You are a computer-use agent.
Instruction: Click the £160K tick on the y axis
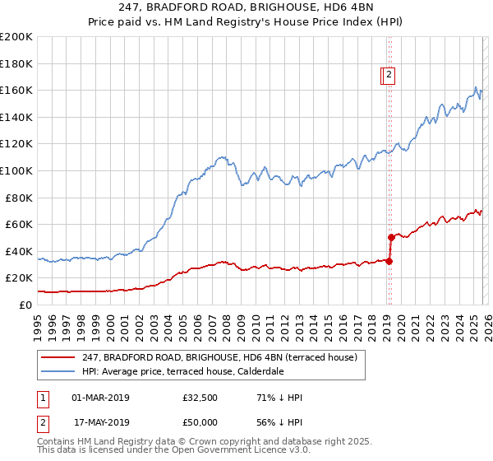tap(16, 90)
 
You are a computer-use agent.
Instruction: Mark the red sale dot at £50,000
tap(391, 237)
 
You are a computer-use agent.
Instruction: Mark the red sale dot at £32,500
tap(389, 261)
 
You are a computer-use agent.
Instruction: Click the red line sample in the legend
tap(58, 358)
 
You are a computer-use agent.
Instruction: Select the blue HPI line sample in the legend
tap(58, 372)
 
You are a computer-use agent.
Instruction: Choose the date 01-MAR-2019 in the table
tap(101, 398)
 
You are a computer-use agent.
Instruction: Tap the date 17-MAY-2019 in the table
tap(101, 421)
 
